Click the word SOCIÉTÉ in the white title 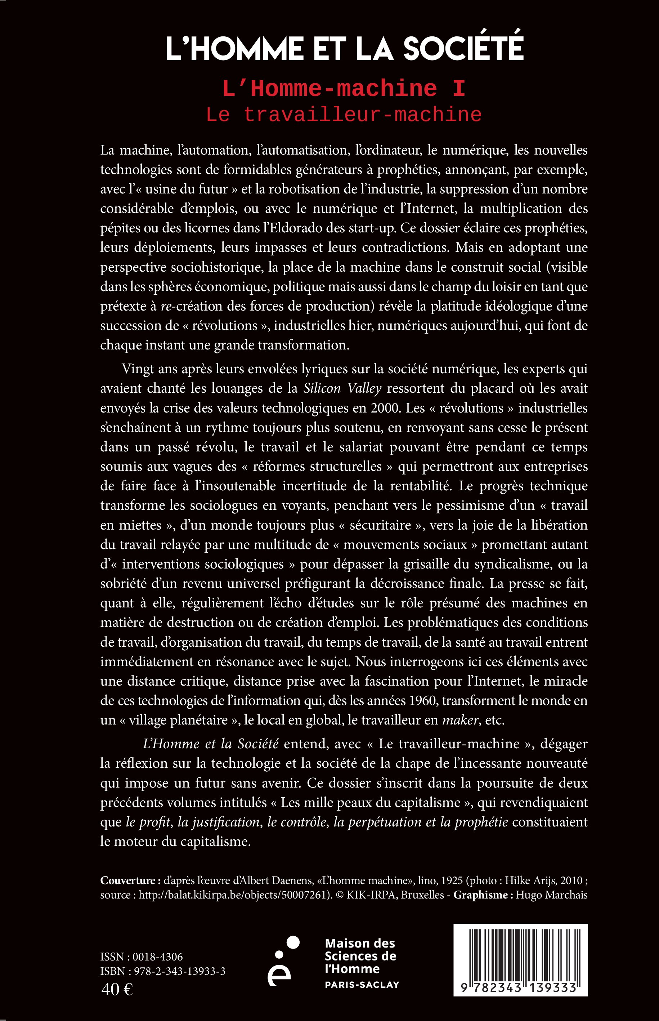(463, 48)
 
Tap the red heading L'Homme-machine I (344, 89)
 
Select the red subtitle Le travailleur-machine (344, 115)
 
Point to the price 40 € (117, 989)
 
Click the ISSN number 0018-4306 (157, 957)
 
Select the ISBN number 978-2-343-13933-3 (179, 971)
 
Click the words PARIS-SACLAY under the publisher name (362, 985)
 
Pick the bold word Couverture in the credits (128, 880)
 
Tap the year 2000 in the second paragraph (386, 408)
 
